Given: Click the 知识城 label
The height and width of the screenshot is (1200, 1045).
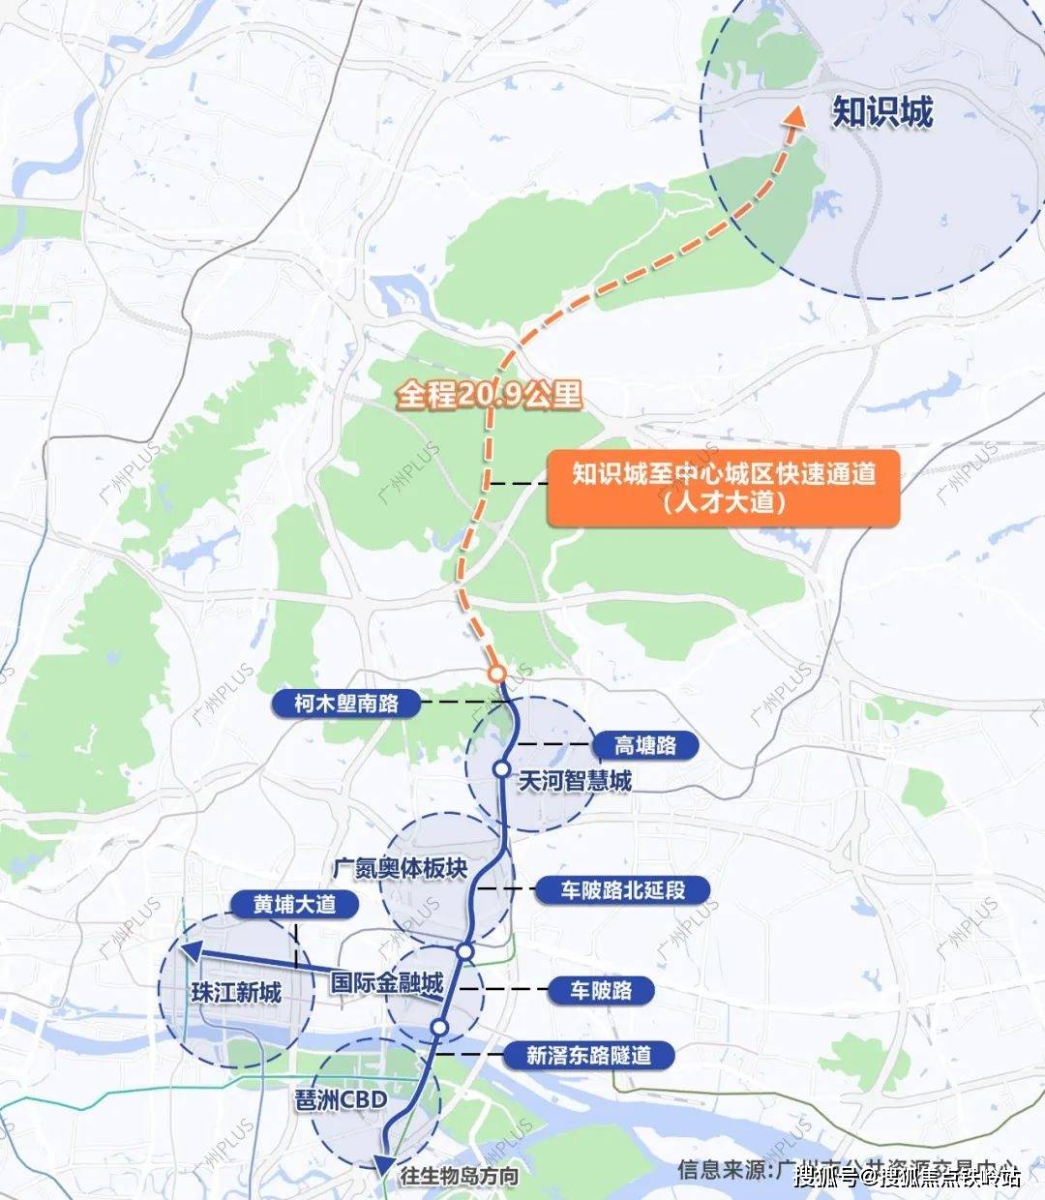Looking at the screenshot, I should tap(882, 113).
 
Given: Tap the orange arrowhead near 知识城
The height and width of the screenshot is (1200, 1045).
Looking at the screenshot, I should tap(795, 116).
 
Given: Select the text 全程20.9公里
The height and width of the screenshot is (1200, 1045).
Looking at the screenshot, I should tap(489, 395).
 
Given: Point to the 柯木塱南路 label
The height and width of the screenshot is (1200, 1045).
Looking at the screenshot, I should tap(346, 703).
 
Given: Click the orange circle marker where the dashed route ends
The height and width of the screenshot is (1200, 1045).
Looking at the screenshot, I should tap(497, 673).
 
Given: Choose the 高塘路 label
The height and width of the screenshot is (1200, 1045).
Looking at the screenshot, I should tap(645, 745).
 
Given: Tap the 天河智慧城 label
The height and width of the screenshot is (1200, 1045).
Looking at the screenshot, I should tap(575, 780).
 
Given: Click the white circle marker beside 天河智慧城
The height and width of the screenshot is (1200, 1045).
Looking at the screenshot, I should tap(501, 768).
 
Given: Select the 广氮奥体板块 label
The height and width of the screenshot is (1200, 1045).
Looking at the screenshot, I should tap(400, 868).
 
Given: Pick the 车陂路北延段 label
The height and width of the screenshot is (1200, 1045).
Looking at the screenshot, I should tap(622, 889).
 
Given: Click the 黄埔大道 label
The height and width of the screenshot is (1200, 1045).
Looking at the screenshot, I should tap(281, 904).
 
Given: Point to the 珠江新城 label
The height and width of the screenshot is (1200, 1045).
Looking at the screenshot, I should tap(237, 993).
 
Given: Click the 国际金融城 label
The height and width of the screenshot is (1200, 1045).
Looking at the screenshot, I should tap(387, 983).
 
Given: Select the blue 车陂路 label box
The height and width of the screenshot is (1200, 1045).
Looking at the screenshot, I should tap(601, 991).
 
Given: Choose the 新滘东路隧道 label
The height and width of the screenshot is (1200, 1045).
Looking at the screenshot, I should tap(588, 1055).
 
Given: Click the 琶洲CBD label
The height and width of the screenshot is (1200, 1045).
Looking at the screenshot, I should tap(341, 1100).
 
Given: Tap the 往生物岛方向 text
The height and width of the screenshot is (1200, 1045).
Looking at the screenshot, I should tap(459, 1177).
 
